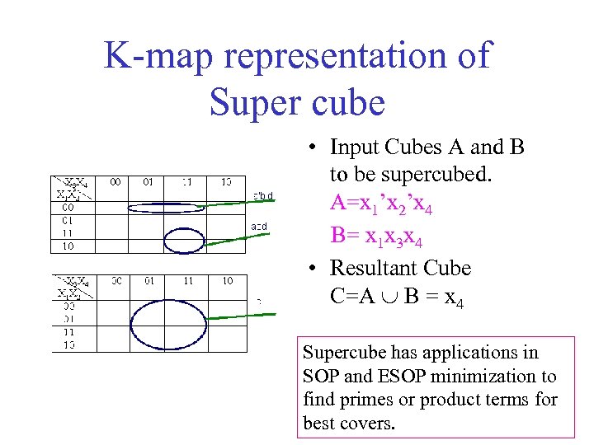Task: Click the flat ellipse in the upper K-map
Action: coord(166,208)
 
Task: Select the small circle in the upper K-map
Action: coord(189,239)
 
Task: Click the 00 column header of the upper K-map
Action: coord(115,181)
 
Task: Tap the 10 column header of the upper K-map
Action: coord(225,181)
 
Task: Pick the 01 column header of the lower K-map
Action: coord(149,282)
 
